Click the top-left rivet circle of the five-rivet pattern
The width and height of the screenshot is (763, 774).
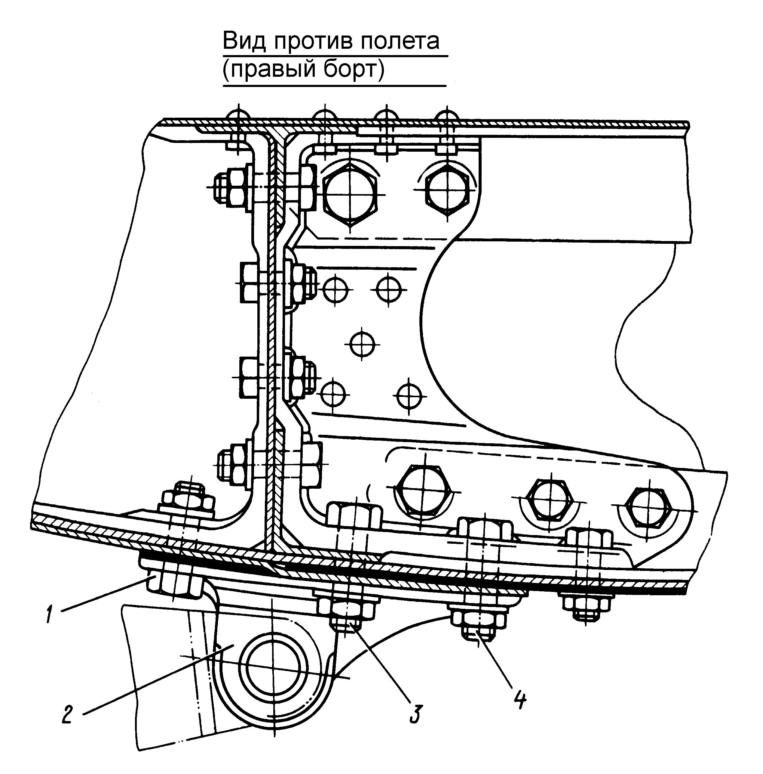[336, 289]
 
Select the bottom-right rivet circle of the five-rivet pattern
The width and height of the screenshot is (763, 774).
[409, 397]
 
